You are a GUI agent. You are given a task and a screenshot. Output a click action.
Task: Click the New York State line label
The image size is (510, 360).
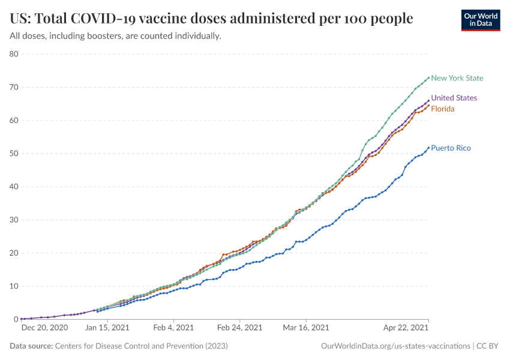click(457, 78)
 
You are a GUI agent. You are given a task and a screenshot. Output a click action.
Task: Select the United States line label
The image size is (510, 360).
click(454, 98)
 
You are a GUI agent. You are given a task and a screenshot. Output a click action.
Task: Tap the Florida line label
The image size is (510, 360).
click(443, 109)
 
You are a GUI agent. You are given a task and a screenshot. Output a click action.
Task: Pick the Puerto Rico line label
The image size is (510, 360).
click(451, 148)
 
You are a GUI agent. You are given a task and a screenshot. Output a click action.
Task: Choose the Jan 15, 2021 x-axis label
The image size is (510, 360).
click(108, 328)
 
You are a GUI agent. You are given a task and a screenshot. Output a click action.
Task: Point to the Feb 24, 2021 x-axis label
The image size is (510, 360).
click(239, 328)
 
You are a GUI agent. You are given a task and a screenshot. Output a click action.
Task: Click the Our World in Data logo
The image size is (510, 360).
click(480, 20)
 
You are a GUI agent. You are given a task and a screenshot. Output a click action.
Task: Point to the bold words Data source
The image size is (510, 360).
click(31, 346)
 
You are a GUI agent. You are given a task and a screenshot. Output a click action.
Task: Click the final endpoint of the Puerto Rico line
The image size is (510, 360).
click(428, 148)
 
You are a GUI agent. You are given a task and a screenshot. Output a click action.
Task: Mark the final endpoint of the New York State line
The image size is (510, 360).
click(428, 77)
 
